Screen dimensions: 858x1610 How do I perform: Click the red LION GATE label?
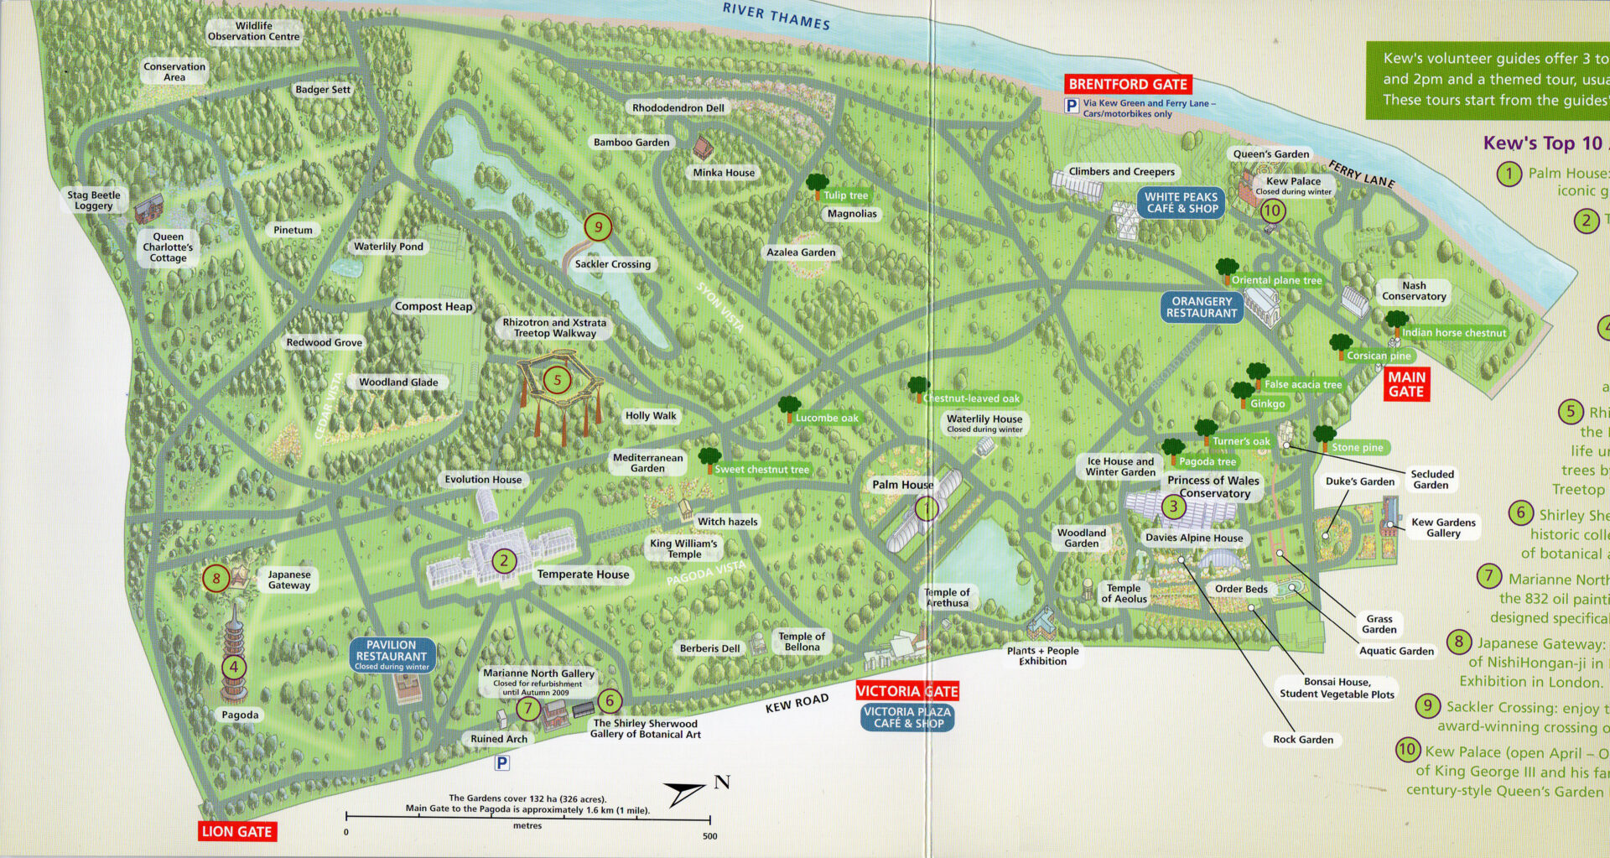pyautogui.click(x=237, y=831)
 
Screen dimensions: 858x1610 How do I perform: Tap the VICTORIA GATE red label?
pyautogui.click(x=906, y=691)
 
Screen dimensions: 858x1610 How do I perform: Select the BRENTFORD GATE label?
pyautogui.click(x=1128, y=84)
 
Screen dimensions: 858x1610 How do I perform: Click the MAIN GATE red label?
pyautogui.click(x=1406, y=384)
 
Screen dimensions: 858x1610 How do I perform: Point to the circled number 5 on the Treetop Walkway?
pyautogui.click(x=557, y=380)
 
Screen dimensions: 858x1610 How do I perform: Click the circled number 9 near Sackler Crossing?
pyautogui.click(x=598, y=226)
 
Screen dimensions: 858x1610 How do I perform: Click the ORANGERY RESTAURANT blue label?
pyautogui.click(x=1202, y=307)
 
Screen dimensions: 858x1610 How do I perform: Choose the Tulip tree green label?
pyautogui.click(x=845, y=195)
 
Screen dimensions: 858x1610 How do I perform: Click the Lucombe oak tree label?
pyautogui.click(x=827, y=418)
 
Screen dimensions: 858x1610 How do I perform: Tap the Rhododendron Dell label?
pyautogui.click(x=678, y=107)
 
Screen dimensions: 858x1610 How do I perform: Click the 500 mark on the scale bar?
pyautogui.click(x=709, y=835)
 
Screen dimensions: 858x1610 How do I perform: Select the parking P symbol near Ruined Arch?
pyautogui.click(x=501, y=762)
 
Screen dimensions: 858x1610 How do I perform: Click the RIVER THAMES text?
pyautogui.click(x=776, y=16)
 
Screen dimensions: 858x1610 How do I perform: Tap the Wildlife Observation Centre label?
pyautogui.click(x=253, y=31)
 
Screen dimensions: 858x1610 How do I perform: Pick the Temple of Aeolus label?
pyautogui.click(x=1124, y=593)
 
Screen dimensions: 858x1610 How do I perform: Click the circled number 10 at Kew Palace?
pyautogui.click(x=1272, y=211)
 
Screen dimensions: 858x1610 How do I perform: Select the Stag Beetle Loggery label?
pyautogui.click(x=94, y=200)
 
